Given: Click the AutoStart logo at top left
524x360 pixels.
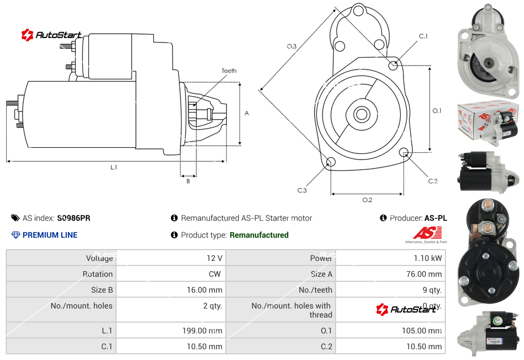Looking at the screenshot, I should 51,35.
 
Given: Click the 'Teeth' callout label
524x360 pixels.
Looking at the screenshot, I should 229,71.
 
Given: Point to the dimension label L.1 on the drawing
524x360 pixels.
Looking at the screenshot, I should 114,167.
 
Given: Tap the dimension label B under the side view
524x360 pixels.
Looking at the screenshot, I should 188,181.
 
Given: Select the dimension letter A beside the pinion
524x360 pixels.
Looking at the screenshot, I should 247,113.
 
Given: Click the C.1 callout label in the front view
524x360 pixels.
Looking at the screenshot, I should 423,36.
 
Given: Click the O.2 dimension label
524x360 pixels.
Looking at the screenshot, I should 367,200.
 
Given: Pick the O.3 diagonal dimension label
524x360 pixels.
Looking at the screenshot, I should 291,46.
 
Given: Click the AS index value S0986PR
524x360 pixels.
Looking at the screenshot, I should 74,218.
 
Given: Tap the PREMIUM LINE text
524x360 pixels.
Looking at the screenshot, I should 50,235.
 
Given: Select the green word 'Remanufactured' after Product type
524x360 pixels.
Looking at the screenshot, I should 259,235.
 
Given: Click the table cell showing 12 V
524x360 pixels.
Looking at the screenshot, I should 214,258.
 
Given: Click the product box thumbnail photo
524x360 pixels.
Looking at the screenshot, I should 488,123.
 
